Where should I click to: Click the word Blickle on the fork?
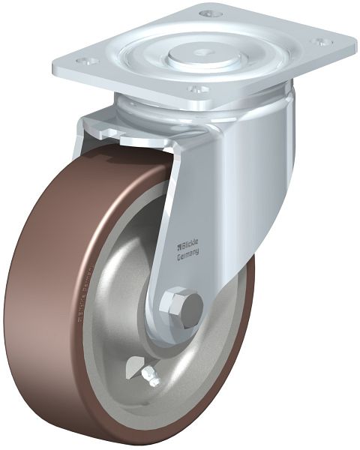click(190, 244)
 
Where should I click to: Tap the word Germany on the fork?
click(187, 256)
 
